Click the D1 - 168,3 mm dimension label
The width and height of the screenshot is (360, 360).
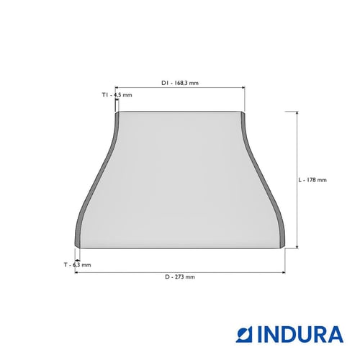(x=180, y=83)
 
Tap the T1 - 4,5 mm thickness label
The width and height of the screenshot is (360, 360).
(x=117, y=95)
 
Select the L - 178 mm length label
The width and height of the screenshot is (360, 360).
(x=312, y=180)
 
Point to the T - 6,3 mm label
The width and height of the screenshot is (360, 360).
(x=77, y=265)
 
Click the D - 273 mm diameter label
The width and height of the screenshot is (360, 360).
(x=180, y=276)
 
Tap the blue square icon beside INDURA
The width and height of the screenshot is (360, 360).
(x=246, y=334)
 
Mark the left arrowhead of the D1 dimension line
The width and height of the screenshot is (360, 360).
(x=117, y=88)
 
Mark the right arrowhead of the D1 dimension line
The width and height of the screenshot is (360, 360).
(x=243, y=88)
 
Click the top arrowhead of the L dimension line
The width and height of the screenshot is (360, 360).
(x=297, y=113)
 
